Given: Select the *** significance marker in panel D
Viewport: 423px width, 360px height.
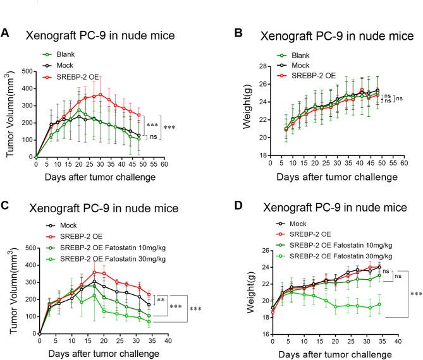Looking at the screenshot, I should tap(415, 294).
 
